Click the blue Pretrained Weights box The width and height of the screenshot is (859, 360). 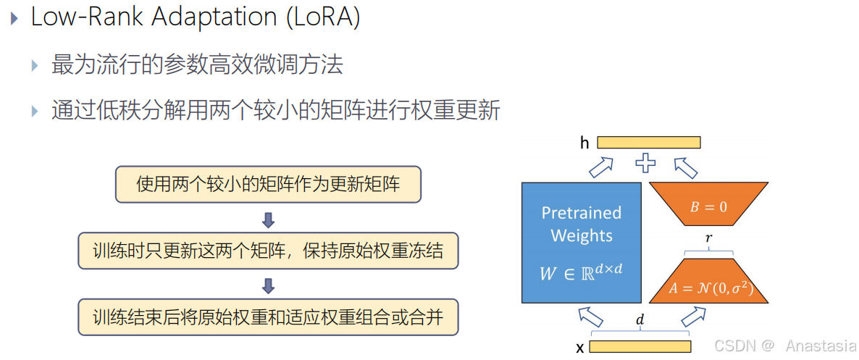(x=581, y=242)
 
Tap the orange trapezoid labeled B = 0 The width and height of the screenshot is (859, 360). (x=708, y=206)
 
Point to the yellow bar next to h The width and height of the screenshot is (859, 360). (x=648, y=143)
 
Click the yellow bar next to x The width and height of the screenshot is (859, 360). (x=640, y=346)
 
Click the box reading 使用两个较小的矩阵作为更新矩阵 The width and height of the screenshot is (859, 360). (x=268, y=185)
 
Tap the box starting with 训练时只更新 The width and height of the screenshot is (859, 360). (x=268, y=251)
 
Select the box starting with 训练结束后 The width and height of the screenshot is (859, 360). (x=268, y=317)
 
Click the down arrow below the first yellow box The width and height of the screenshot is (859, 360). (x=268, y=219)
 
